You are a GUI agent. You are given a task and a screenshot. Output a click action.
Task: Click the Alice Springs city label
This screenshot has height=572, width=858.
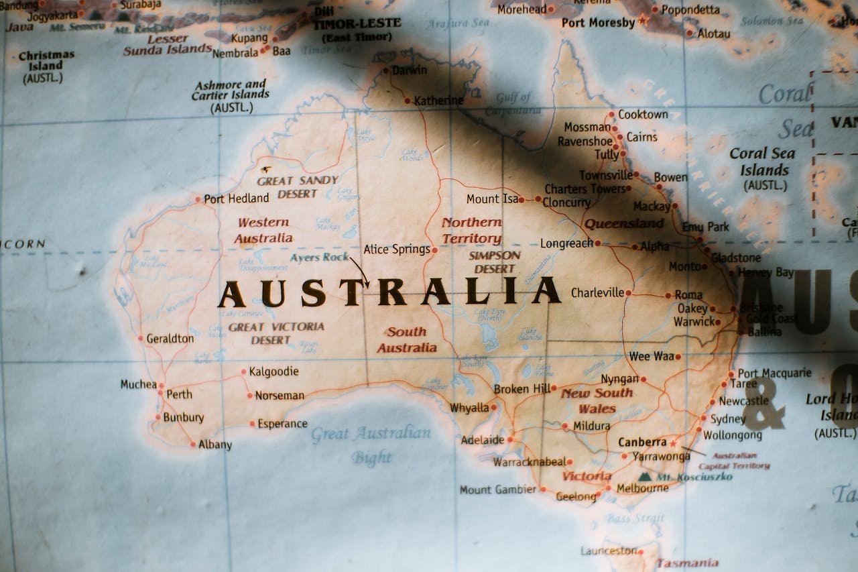click(x=396, y=249)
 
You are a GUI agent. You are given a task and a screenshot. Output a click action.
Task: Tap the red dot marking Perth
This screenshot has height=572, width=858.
click(x=160, y=393)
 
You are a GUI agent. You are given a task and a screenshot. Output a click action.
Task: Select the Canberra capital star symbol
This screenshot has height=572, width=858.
click(x=673, y=443)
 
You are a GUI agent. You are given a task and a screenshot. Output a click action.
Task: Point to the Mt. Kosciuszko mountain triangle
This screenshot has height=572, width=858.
click(x=645, y=477)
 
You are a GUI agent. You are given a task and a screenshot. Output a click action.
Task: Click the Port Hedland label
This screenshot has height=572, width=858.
click(x=236, y=198)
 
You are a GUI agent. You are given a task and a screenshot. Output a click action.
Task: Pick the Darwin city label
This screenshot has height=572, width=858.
click(x=409, y=70)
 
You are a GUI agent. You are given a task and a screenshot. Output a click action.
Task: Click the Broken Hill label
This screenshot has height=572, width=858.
click(x=522, y=389)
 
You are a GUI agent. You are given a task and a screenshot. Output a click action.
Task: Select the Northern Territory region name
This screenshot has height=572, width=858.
click(x=471, y=230)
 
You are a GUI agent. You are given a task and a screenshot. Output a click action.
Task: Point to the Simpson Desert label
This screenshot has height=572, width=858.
click(x=495, y=262)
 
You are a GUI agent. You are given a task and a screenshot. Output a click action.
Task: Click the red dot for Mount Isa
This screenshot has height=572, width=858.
click(x=521, y=200)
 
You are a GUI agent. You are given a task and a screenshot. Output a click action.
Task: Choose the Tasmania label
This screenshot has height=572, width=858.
click(x=687, y=563)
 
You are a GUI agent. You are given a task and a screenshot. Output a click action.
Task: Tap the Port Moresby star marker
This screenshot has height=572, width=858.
click(x=642, y=21)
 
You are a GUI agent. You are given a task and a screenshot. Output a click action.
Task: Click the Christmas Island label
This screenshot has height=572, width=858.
click(x=46, y=66)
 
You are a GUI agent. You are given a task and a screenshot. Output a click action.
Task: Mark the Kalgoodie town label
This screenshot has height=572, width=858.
click(x=273, y=371)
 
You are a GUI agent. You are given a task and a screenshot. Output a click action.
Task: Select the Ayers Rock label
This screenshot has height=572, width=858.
click(x=319, y=257)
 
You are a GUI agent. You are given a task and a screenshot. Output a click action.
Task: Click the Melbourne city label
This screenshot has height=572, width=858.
click(x=642, y=488)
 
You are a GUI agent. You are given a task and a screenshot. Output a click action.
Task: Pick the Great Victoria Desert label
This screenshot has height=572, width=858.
click(x=275, y=333)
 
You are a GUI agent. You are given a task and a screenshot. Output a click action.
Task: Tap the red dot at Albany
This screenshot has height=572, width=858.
click(x=193, y=444)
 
